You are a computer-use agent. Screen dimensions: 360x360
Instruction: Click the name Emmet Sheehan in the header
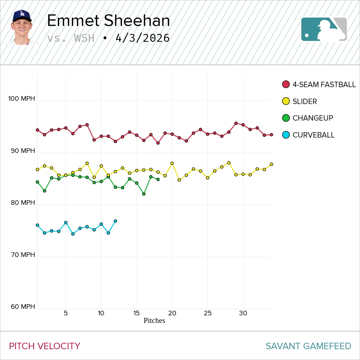pyautogui.click(x=108, y=21)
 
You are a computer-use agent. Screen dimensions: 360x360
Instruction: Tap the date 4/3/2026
pyautogui.click(x=143, y=38)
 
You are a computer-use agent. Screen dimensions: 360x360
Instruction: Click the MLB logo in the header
pyautogui.click(x=324, y=29)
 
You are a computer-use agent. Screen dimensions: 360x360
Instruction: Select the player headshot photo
pyautogui.click(x=22, y=27)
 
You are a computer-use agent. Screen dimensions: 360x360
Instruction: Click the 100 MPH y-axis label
pyautogui.click(x=22, y=99)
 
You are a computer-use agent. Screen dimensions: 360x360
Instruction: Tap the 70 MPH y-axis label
pyautogui.click(x=23, y=255)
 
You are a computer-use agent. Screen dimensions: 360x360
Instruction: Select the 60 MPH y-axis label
pyautogui.click(x=23, y=307)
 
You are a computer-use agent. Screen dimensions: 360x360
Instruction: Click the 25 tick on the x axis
pyautogui.click(x=207, y=313)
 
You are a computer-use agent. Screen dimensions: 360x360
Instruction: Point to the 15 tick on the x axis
pyautogui.click(x=136, y=313)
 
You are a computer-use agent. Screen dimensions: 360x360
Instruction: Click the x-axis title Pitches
pyautogui.click(x=154, y=321)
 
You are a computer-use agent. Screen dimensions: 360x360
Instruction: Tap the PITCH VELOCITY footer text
pyautogui.click(x=45, y=346)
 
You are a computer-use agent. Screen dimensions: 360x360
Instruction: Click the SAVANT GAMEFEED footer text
pyautogui.click(x=308, y=346)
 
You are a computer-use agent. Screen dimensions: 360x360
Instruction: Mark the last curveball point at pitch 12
pyautogui.click(x=115, y=221)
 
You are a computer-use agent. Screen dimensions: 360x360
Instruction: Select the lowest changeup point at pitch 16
pyautogui.click(x=144, y=194)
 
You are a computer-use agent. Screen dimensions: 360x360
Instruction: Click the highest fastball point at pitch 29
pyautogui.click(x=236, y=123)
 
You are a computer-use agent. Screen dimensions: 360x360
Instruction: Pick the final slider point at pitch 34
pyautogui.click(x=271, y=164)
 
